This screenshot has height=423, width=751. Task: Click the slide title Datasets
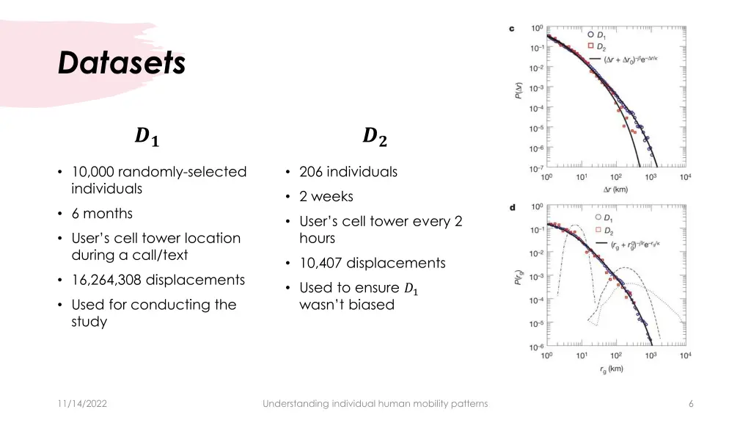[122, 63]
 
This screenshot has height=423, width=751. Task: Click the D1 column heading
[147, 137]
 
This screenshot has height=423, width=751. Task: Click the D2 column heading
[375, 136]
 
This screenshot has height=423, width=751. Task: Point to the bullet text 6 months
[102, 214]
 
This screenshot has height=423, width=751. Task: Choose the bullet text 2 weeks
[326, 197]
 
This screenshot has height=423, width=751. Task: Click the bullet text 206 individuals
[348, 172]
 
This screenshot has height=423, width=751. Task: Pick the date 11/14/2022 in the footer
[81, 403]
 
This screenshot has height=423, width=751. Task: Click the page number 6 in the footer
[691, 403]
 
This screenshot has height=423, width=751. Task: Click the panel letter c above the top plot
[511, 29]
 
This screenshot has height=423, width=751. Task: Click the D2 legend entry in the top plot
[598, 46]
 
